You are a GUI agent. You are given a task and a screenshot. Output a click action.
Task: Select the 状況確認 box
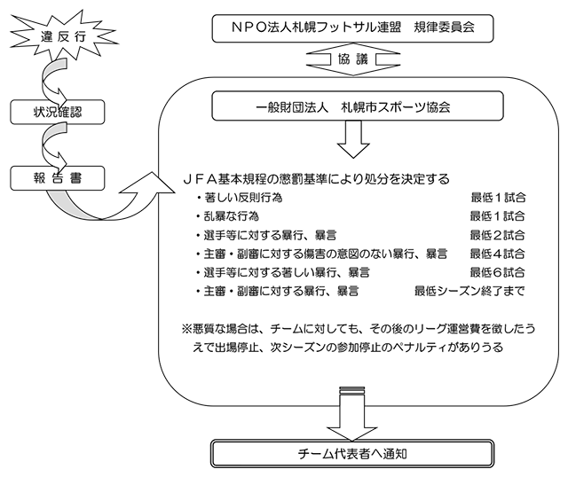[57, 112]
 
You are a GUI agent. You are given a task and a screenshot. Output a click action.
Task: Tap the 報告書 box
[57, 178]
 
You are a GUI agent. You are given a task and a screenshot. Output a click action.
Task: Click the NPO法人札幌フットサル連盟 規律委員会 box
[352, 28]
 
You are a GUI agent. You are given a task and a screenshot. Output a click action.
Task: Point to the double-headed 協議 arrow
[353, 59]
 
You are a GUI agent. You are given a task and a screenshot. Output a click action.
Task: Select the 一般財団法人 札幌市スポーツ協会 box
[358, 106]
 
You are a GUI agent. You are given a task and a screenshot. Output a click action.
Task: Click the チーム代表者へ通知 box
[352, 453]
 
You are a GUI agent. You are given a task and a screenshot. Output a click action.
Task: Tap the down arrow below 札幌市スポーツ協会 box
[353, 139]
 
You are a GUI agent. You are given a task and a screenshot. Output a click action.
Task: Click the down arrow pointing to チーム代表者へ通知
[352, 413]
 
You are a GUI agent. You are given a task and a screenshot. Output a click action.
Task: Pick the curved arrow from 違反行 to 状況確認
[46, 82]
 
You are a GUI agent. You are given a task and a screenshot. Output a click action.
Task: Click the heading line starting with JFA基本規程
[316, 179]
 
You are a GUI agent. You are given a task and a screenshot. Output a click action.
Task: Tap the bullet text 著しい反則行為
[243, 198]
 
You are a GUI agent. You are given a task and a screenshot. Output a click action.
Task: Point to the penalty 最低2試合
[497, 235]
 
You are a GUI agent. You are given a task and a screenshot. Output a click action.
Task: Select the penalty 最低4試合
[497, 254]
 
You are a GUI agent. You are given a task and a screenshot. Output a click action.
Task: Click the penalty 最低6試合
[497, 272]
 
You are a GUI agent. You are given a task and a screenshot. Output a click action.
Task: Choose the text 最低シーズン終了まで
[469, 291]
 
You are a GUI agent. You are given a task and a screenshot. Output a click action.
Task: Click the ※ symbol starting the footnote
[187, 329]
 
